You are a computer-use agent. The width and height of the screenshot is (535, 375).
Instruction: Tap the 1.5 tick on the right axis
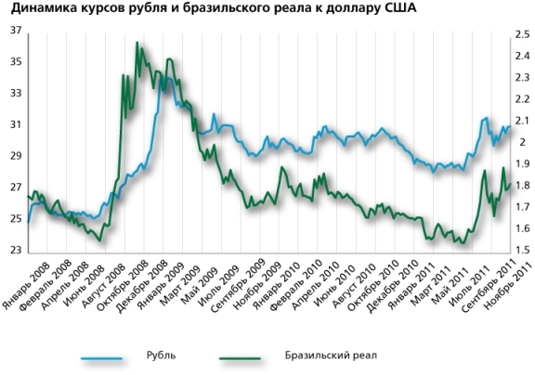click(x=521, y=251)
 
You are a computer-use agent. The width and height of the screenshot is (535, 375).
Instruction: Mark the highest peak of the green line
click(x=137, y=43)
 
